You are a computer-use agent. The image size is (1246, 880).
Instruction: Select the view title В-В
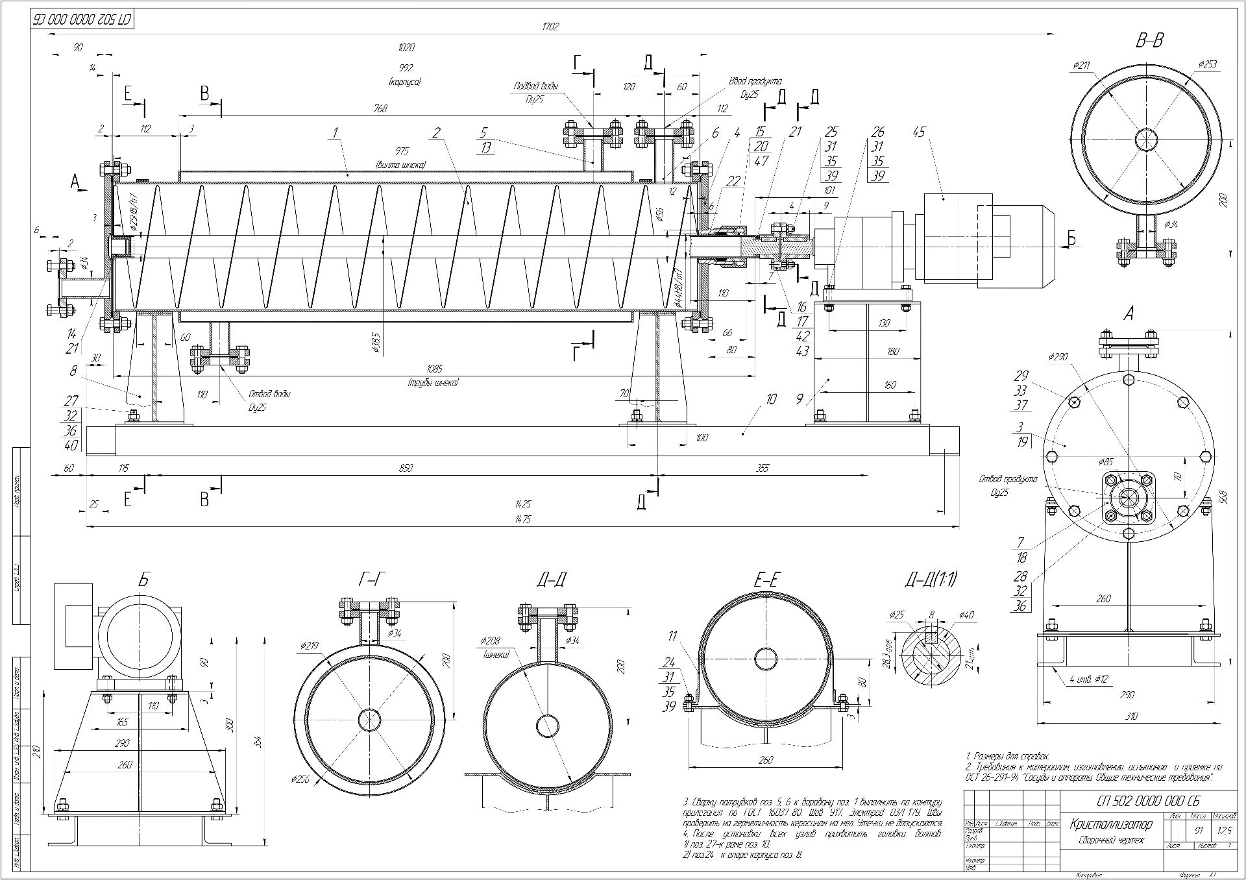1149,41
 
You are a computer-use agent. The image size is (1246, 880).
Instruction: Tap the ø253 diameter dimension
1206,65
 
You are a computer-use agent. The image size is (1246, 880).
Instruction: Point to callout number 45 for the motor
918,132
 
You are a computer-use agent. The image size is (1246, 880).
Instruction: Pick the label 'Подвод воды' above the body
536,86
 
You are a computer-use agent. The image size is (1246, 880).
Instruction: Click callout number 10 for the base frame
770,399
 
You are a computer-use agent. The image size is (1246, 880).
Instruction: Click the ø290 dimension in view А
1058,356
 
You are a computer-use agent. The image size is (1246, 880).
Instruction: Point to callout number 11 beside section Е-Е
672,637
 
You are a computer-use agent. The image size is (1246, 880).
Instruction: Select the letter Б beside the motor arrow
1071,238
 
